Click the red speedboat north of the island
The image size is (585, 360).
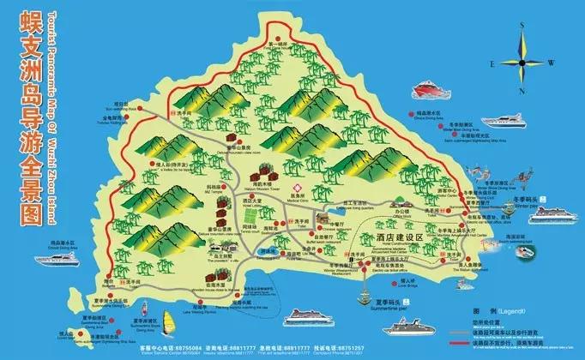pyautogui.click(x=428, y=90)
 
